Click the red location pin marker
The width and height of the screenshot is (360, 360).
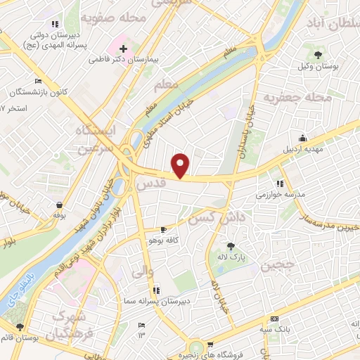181,165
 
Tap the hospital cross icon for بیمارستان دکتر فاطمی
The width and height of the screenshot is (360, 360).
124,49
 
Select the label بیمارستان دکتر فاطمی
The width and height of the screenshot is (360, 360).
124,60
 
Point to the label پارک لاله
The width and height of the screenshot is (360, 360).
232,258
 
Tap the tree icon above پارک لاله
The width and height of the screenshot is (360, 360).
231,247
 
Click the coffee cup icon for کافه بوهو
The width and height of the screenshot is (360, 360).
163,230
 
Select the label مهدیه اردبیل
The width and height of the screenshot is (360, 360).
301,150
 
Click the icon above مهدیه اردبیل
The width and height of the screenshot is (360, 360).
302,139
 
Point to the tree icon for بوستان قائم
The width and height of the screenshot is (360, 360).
20,327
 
